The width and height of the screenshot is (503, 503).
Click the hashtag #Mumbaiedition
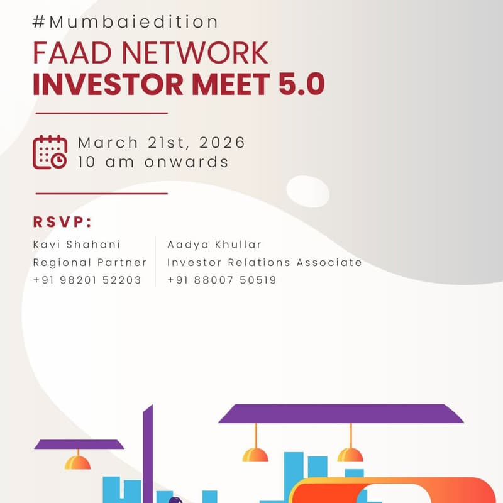tap(126, 22)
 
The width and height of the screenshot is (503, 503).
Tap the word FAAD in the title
tap(70, 53)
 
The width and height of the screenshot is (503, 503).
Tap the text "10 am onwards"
tap(153, 162)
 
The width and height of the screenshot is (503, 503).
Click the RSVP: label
tap(63, 222)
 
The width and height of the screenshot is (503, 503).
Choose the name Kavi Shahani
tap(76, 244)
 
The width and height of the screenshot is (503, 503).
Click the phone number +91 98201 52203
tap(87, 280)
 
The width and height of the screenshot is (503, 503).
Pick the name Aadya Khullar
tap(214, 244)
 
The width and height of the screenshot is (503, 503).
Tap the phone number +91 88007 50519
tap(221, 280)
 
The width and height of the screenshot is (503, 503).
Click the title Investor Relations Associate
tap(264, 262)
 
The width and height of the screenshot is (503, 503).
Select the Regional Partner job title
tap(89, 262)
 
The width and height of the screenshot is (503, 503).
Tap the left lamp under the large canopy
tap(255, 454)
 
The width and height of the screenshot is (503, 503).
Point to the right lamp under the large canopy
tap(350, 454)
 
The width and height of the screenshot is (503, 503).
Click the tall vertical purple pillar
tap(148, 453)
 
